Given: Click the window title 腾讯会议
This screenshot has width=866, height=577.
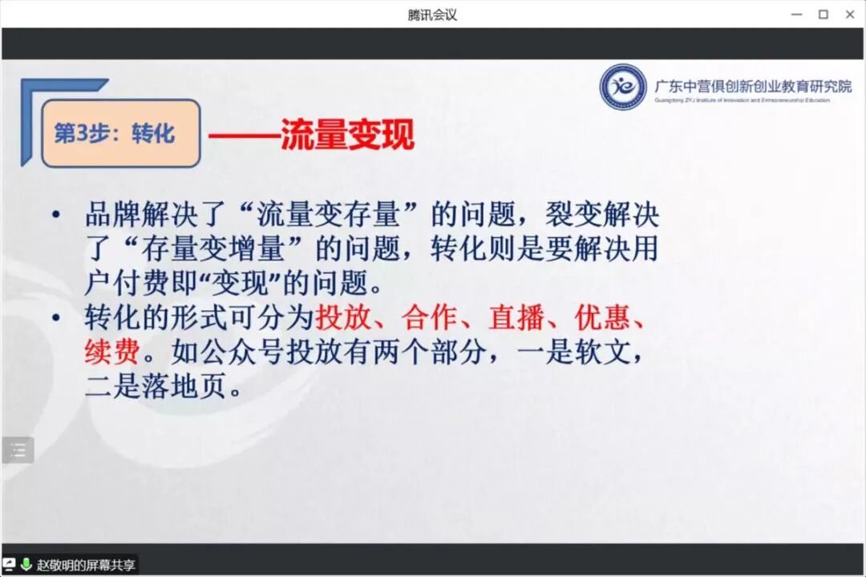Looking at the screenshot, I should pos(432,14).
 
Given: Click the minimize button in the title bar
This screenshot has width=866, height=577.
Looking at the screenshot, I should pos(795,14).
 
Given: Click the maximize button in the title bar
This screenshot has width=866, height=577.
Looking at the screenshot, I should pos(823,14).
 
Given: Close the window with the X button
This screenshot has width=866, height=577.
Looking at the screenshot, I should pos(850,14).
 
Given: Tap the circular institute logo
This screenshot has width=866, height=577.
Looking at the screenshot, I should pos(623,87).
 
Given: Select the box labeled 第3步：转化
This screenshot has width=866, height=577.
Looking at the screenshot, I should pos(120,133).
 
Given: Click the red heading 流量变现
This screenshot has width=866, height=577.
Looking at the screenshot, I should pos(346,135).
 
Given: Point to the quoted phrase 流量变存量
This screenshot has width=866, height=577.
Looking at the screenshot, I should pos(328,216).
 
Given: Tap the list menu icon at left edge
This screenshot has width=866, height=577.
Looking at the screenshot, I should pos(18,450).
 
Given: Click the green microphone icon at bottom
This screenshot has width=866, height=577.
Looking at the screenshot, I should pos(26,564).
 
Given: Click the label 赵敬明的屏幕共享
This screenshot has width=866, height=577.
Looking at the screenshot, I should pos(86,565).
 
